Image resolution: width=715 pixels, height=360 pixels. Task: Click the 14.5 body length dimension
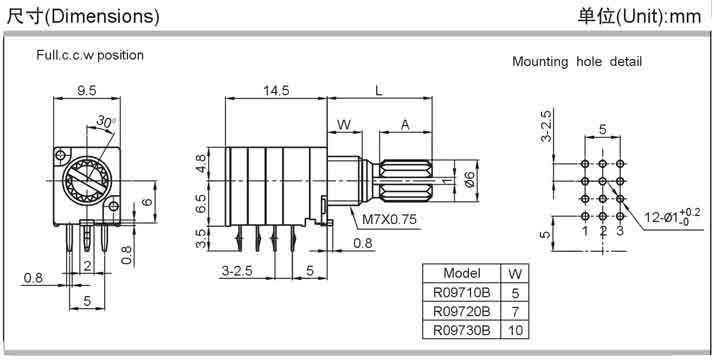pos(276,91)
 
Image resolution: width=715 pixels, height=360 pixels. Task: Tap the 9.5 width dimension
pos(87,91)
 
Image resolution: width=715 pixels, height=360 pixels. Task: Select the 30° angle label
pos(106,121)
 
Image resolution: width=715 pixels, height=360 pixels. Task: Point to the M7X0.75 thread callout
pos(389,219)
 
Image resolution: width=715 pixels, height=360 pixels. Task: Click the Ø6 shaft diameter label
pos(470,181)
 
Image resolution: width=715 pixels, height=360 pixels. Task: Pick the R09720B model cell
pos(461,311)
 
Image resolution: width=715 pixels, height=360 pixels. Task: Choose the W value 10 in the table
pos(515,330)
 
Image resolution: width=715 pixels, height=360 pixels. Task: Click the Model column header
pos(461,273)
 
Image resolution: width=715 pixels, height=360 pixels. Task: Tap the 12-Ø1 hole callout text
pos(666,218)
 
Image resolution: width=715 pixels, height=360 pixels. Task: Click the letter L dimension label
pos(379,91)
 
